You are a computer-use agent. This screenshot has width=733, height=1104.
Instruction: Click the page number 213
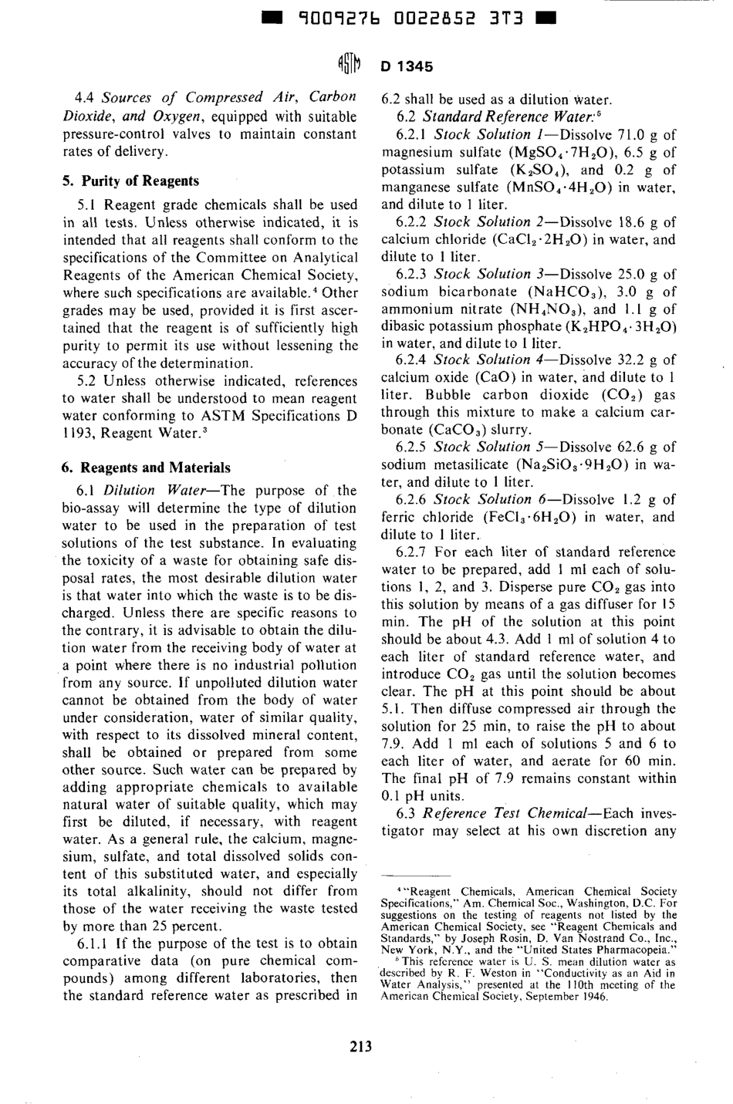[360, 1046]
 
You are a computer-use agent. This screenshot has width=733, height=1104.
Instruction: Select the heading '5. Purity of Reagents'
[130, 181]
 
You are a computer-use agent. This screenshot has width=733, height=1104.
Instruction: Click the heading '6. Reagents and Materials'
[146, 468]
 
